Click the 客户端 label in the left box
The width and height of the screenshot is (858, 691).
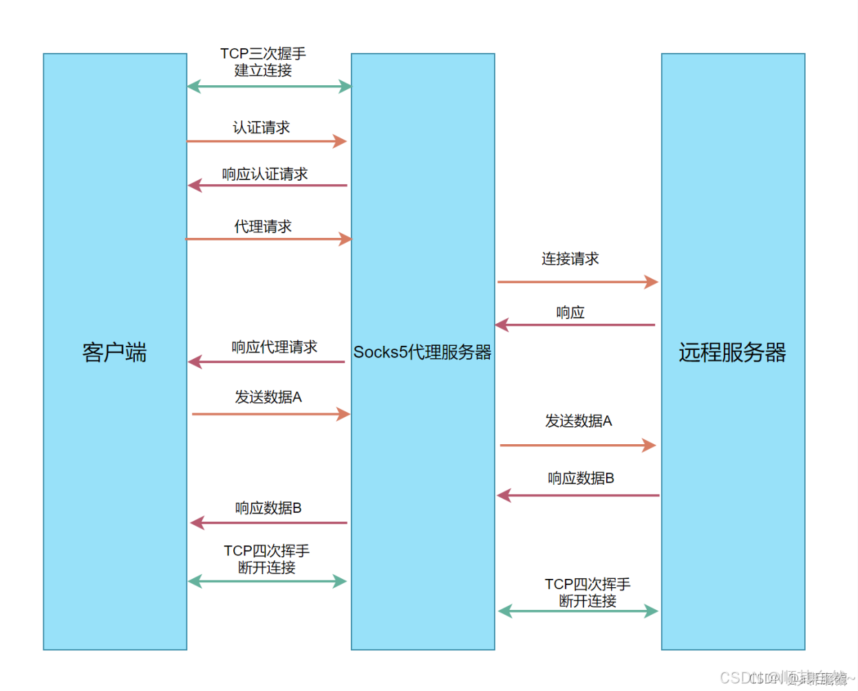(x=115, y=352)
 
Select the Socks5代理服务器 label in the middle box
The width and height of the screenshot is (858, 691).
(x=422, y=352)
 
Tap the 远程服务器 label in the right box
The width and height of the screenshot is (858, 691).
(x=732, y=352)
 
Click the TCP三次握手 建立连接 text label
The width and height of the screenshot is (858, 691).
(x=263, y=62)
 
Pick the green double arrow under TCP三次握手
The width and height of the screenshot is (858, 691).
(x=269, y=87)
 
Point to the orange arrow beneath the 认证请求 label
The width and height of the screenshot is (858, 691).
(x=266, y=141)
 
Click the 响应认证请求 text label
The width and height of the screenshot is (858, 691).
(x=265, y=174)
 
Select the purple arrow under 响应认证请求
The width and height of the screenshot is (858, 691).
(x=268, y=185)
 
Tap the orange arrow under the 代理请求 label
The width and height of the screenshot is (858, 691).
(x=268, y=239)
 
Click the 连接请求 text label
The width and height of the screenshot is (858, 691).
(x=570, y=259)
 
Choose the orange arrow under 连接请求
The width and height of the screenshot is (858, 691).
(x=577, y=282)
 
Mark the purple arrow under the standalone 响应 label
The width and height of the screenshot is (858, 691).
(x=575, y=325)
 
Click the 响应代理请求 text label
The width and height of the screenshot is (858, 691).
(x=275, y=347)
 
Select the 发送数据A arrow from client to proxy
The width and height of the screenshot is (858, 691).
(x=271, y=414)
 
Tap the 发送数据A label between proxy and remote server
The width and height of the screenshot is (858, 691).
(x=579, y=421)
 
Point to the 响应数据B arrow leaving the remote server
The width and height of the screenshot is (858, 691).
(x=578, y=495)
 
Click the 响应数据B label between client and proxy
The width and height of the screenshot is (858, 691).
(x=268, y=508)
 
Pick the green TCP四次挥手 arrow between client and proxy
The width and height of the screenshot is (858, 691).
(x=267, y=581)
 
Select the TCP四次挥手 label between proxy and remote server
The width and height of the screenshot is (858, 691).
(x=588, y=592)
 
